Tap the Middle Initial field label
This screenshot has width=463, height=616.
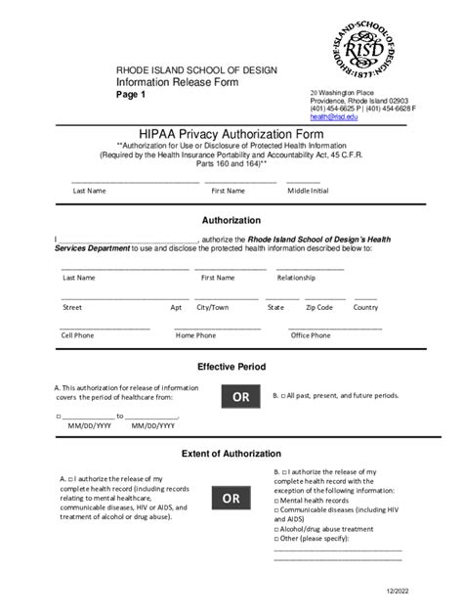click(307, 191)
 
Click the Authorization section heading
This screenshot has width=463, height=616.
click(231, 220)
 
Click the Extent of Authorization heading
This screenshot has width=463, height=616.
click(231, 454)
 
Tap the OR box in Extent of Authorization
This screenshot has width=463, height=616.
click(231, 500)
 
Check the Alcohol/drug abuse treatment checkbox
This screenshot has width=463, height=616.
click(277, 528)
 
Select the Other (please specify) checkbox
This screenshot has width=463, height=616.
click(277, 538)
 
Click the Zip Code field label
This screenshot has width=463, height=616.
click(318, 307)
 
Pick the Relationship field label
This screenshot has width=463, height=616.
click(296, 278)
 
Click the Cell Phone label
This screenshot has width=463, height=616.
click(78, 335)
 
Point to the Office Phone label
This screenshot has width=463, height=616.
click(311, 335)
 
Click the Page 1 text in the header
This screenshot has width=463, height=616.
click(131, 96)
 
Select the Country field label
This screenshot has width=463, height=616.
click(365, 307)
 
